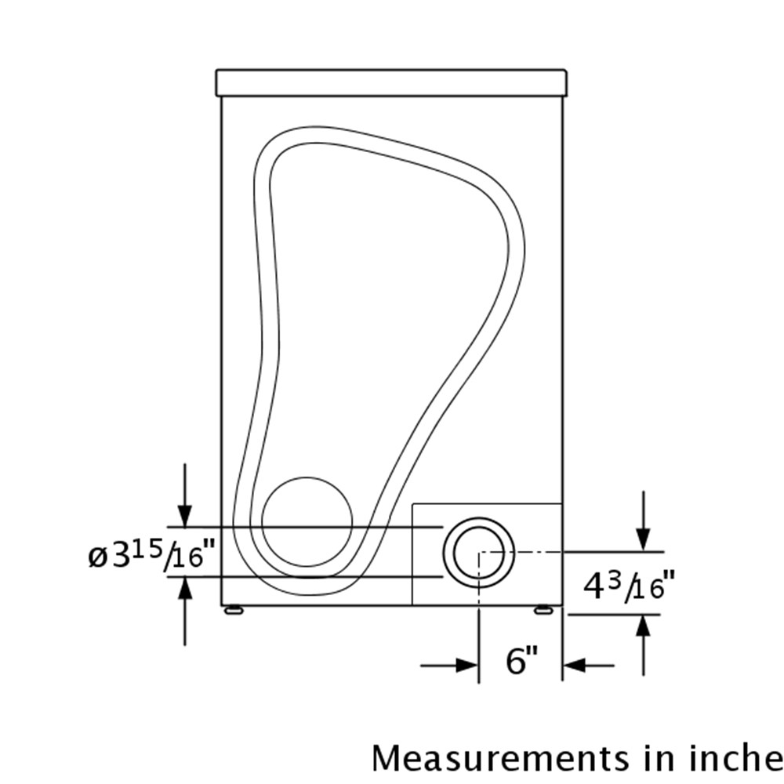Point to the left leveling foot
tap(233, 610)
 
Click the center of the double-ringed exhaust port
tap(479, 552)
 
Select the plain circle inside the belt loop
tap(307, 522)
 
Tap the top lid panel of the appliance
tap(391, 82)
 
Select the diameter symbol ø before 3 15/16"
tap(98, 557)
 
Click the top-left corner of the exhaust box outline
tap(412, 503)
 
